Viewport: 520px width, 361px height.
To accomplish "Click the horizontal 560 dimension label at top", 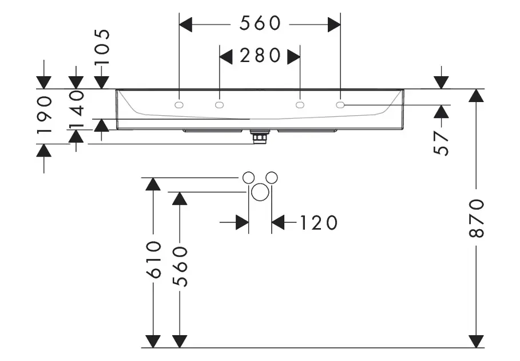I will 260,23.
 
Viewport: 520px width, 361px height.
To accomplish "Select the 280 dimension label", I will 260,56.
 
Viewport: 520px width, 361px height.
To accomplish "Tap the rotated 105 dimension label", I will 102,50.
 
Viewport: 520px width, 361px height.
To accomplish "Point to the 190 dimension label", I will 45,115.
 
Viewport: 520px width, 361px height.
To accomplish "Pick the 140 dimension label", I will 76,110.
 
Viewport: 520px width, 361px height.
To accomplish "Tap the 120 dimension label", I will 318,222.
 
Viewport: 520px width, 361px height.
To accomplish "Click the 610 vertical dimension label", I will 153,260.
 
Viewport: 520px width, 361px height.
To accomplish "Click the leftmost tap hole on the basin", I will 179,105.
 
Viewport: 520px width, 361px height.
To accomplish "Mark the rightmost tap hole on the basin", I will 340,105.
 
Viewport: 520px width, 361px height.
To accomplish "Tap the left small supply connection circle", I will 248,177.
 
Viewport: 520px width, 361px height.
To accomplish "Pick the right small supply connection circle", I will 272,177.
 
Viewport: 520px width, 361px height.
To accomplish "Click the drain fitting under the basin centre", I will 260,137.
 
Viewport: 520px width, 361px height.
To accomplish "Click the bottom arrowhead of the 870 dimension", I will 476,341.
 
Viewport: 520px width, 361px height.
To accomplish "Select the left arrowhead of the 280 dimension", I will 226,56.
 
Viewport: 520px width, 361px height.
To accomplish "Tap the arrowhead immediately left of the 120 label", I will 279,222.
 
